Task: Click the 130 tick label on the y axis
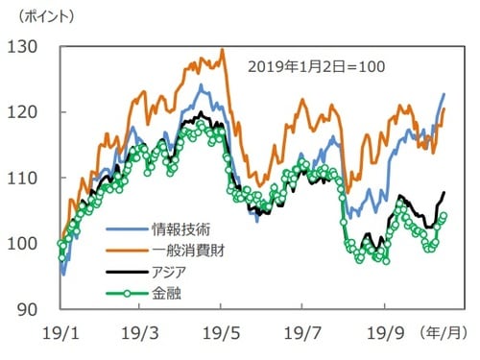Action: pyautogui.click(x=24, y=46)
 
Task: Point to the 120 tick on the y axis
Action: pyautogui.click(x=24, y=111)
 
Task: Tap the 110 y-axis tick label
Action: pyautogui.click(x=24, y=178)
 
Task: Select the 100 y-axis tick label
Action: pyautogui.click(x=24, y=243)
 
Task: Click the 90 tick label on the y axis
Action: pyautogui.click(x=29, y=309)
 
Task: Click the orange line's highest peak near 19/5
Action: pyautogui.click(x=222, y=50)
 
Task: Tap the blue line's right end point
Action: pyautogui.click(x=444, y=93)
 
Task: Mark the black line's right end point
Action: pyautogui.click(x=444, y=193)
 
